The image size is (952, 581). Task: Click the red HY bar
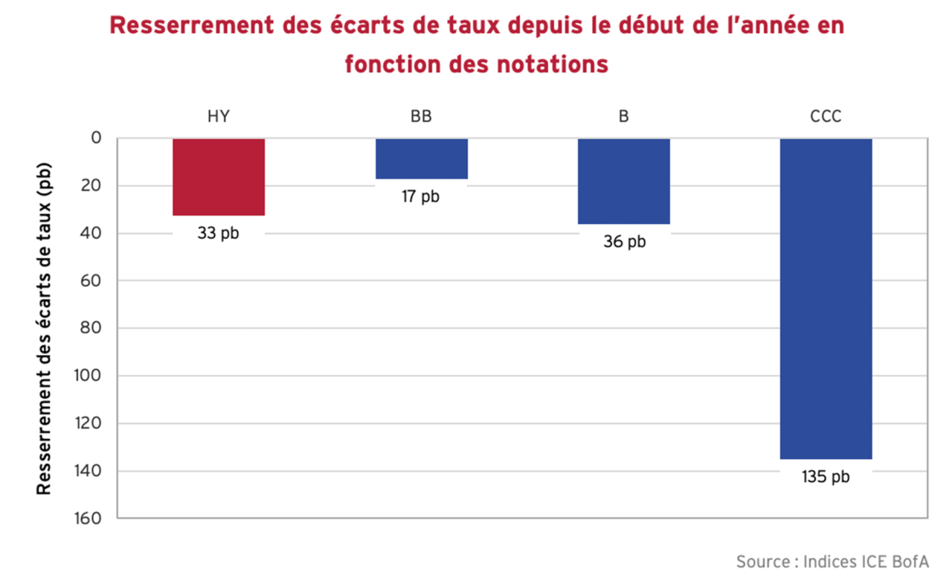point(219,177)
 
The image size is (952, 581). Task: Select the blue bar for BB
point(422,158)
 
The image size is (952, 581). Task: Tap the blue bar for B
point(624,181)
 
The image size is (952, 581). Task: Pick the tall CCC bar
point(826,298)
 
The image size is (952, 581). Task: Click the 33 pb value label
point(219,233)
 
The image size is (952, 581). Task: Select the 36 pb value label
point(625,242)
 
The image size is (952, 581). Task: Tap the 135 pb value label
point(826,477)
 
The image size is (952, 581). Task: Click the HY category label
point(219,117)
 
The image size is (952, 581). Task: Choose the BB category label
point(421,117)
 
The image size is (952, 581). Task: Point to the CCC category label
point(826,117)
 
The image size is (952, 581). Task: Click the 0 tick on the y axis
point(95,138)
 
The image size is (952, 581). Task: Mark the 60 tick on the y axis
point(91,280)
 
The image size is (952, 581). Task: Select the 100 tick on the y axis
point(87,376)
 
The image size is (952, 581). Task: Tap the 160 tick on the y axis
point(87,518)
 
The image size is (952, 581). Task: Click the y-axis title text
point(45,327)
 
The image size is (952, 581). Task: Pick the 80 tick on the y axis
point(91,328)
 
